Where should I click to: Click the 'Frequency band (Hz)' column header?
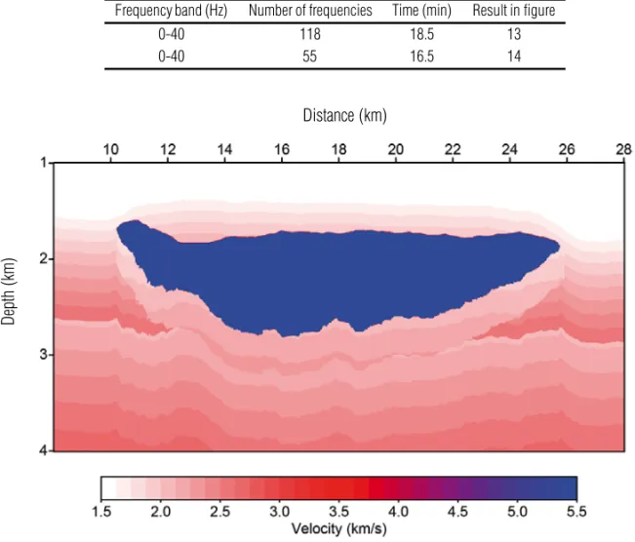point(171,11)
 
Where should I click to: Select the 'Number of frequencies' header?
point(310,11)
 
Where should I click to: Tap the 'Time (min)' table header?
point(421,11)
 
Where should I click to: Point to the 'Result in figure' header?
point(514,11)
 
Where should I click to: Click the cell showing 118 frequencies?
point(310,34)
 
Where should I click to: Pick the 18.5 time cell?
point(422,34)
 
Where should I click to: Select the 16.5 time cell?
point(422,56)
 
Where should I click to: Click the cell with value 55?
point(310,56)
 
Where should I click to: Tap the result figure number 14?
point(514,56)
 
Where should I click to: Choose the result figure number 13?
point(514,34)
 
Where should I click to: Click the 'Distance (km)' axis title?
point(344,116)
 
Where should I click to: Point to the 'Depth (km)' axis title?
point(9,291)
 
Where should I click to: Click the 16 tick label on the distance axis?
point(282,150)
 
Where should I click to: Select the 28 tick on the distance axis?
point(623,150)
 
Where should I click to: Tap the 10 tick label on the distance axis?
point(111,150)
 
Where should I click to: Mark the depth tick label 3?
point(44,355)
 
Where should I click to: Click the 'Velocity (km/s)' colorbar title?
point(339,528)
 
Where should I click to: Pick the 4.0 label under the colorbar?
point(399,512)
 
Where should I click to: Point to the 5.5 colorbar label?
point(576,512)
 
